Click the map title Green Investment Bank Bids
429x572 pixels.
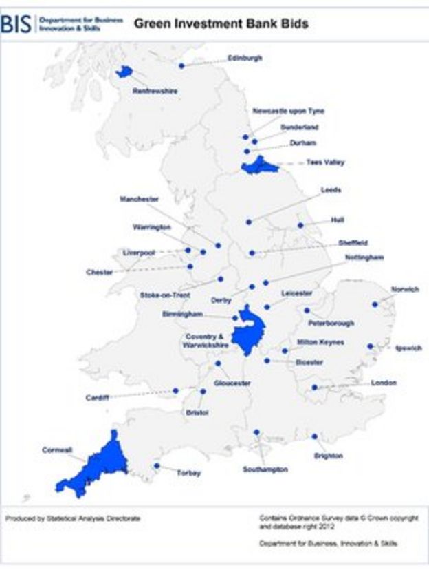pyautogui.click(x=221, y=24)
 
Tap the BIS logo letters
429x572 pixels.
pyautogui.click(x=16, y=25)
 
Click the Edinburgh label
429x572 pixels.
pyautogui.click(x=245, y=59)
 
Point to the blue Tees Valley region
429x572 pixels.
pyautogui.click(x=260, y=165)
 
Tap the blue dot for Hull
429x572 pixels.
pyautogui.click(x=300, y=225)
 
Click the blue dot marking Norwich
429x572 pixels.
pyautogui.click(x=375, y=304)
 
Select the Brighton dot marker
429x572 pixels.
pyautogui.click(x=314, y=436)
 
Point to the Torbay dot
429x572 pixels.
pyautogui.click(x=157, y=466)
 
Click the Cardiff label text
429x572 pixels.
pyautogui.click(x=97, y=398)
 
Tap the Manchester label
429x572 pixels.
pyautogui.click(x=139, y=199)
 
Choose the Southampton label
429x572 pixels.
pyautogui.click(x=265, y=469)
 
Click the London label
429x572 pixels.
pyautogui.click(x=384, y=383)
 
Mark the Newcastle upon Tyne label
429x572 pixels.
pyautogui.click(x=288, y=111)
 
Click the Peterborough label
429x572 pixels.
pyautogui.click(x=331, y=323)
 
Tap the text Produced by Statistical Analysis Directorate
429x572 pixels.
pyautogui.click(x=72, y=518)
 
